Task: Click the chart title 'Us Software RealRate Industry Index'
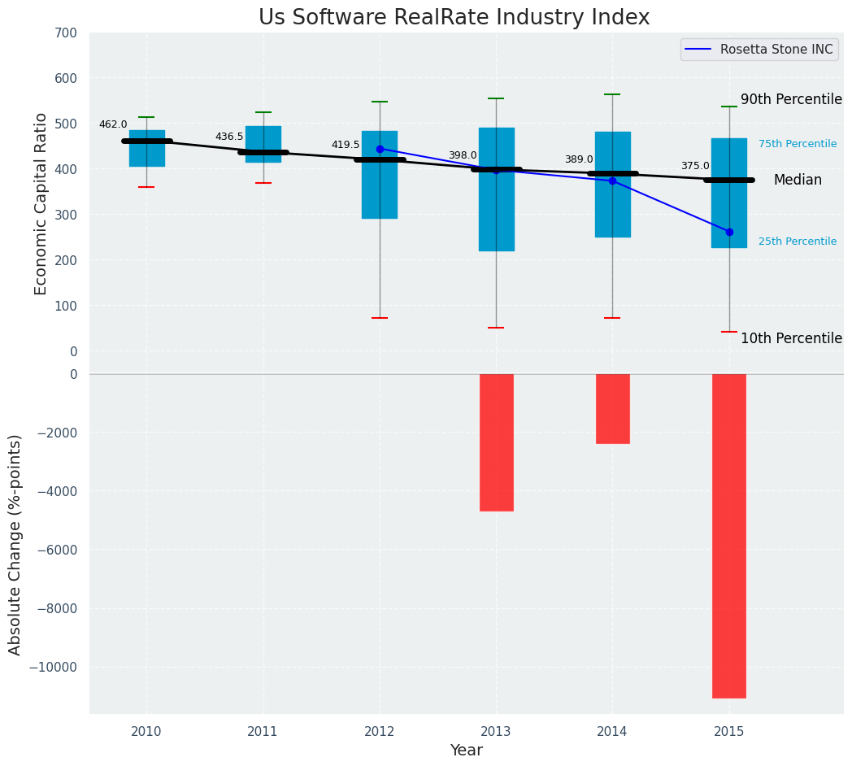click(x=454, y=18)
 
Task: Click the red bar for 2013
click(x=496, y=442)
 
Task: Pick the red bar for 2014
click(x=612, y=408)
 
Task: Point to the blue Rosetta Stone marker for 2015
click(x=729, y=232)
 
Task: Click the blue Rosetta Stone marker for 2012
click(x=380, y=149)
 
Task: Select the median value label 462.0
click(x=113, y=124)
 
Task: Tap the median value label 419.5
click(x=345, y=145)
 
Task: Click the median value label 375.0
click(x=695, y=166)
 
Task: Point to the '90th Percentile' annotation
click(x=791, y=99)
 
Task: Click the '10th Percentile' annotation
click(x=791, y=338)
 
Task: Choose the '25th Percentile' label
click(x=797, y=242)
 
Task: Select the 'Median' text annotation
click(x=798, y=181)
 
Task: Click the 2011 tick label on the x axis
click(x=263, y=732)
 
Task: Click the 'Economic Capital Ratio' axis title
click(x=41, y=203)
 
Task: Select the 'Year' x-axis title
click(x=467, y=751)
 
